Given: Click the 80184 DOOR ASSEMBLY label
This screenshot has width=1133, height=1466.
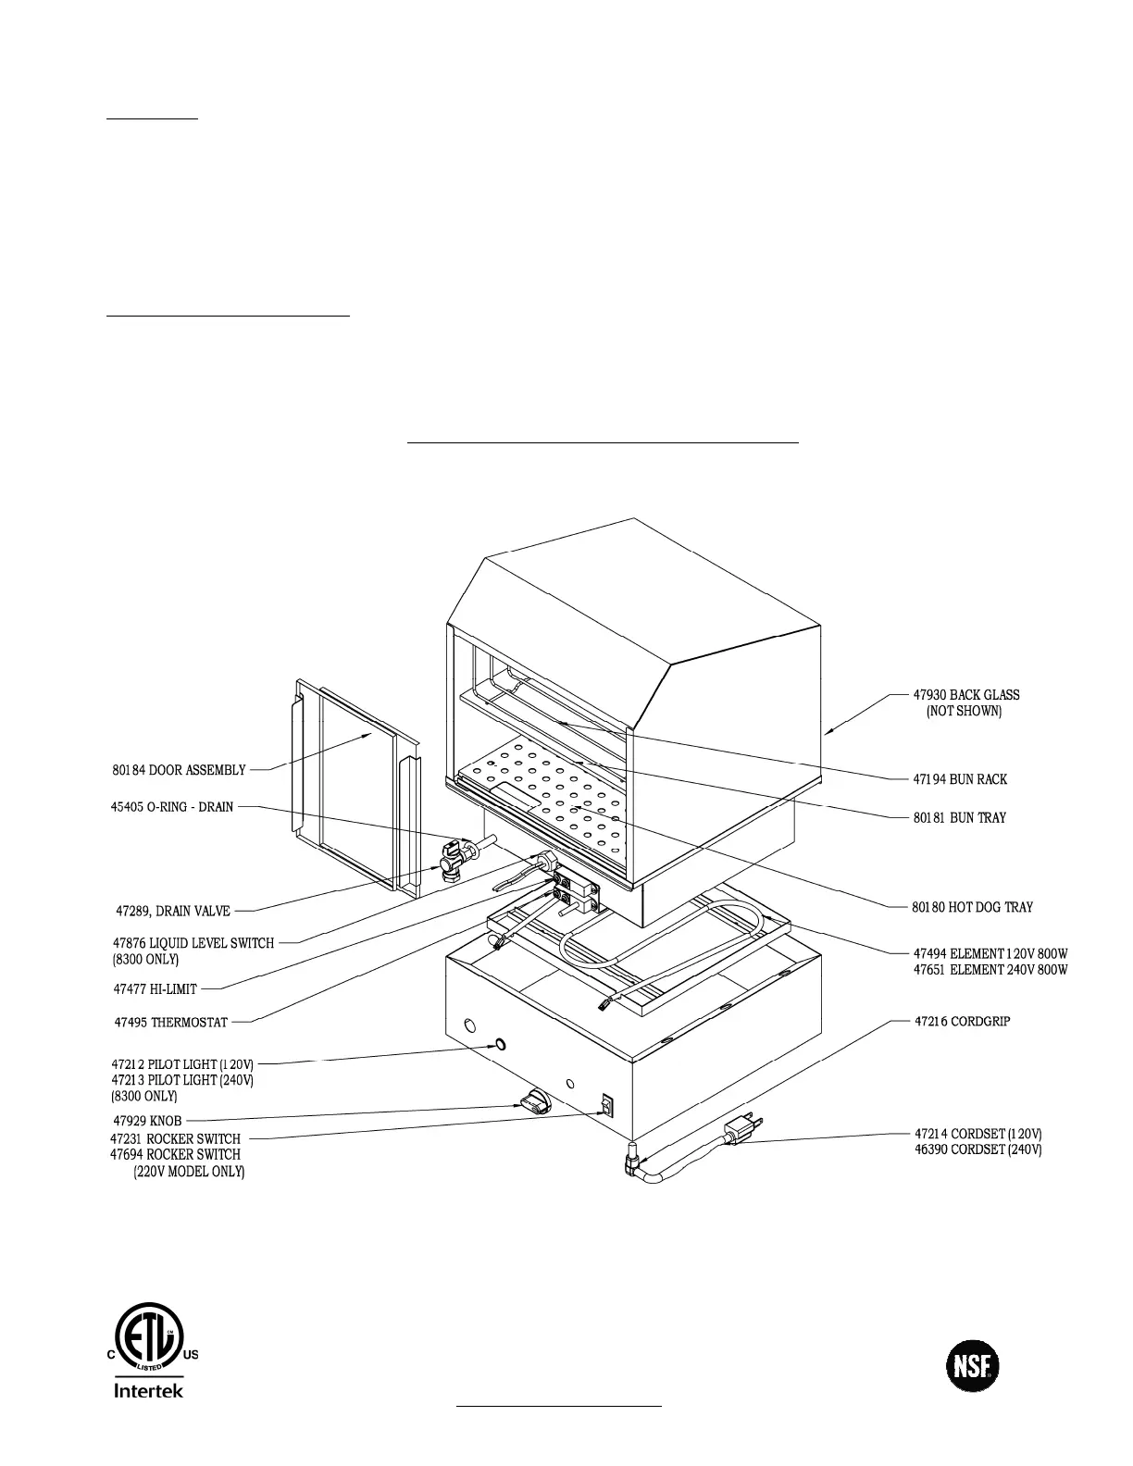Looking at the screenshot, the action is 179,770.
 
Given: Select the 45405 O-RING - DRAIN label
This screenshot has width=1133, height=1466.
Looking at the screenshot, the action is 171,807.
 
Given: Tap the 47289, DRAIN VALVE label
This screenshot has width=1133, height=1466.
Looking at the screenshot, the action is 172,912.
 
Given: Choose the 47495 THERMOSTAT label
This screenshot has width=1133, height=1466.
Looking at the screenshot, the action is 170,1023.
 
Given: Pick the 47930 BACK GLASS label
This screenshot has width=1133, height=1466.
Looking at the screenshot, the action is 965,695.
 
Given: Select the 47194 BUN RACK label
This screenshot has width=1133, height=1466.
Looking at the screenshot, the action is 960,779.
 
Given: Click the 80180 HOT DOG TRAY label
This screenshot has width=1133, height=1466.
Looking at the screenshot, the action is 972,907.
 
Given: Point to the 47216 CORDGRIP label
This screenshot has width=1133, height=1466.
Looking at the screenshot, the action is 962,1022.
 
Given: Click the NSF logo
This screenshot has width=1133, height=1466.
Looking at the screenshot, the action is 973,1365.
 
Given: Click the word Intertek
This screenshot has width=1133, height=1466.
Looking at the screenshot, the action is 148,1391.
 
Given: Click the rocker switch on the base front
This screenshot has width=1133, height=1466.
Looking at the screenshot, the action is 606,1105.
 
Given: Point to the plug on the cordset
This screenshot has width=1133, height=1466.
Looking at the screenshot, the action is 743,1129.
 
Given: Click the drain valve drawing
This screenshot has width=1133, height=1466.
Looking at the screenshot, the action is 454,858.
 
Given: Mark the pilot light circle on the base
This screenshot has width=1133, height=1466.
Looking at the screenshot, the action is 500,1045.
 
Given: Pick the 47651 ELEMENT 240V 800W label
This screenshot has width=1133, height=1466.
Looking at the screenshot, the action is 990,970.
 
